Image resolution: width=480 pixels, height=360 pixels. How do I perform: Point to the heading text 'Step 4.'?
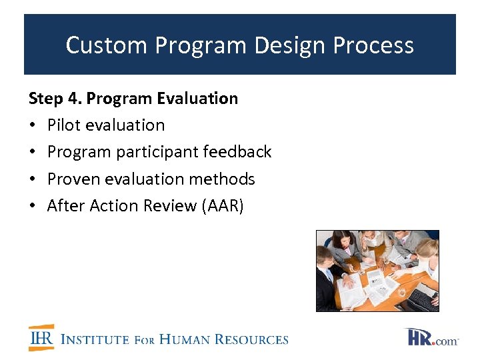(x=55, y=99)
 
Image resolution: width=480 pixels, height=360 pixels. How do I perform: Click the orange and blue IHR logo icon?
(x=41, y=338)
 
